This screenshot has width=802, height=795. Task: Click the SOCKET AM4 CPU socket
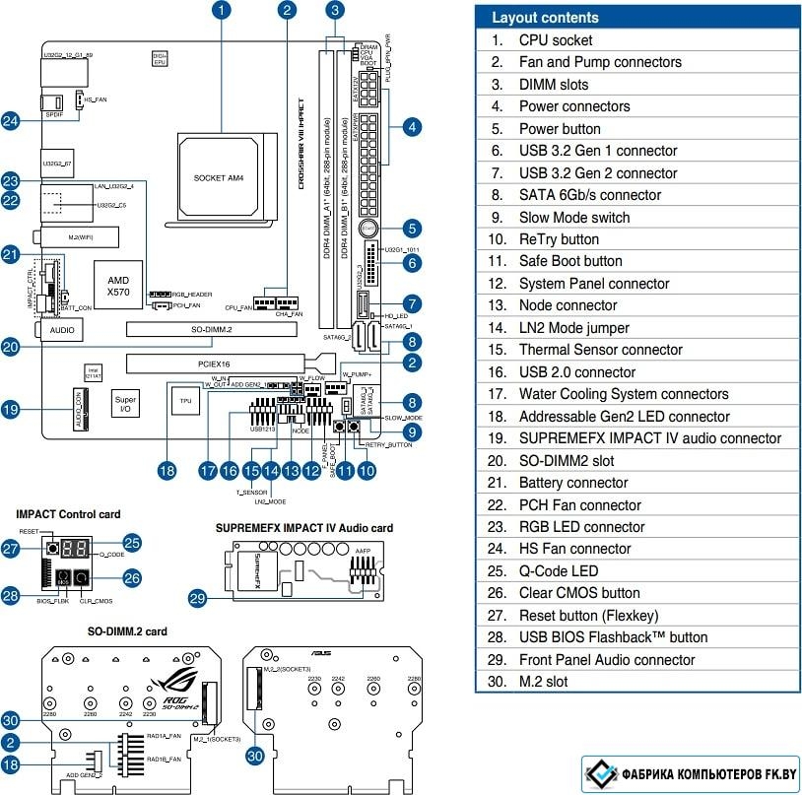[x=219, y=177]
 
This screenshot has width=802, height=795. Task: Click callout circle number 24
[x=11, y=120]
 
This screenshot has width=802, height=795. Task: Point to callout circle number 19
[x=11, y=409]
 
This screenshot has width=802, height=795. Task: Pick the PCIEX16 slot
[x=214, y=364]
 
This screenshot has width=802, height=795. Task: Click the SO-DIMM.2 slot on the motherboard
[x=212, y=328]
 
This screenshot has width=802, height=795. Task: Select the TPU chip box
[x=184, y=400]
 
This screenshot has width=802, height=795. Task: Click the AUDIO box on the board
[x=60, y=332]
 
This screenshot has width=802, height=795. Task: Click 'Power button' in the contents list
[x=560, y=128]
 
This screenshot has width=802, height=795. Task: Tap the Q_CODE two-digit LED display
[x=78, y=547]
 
